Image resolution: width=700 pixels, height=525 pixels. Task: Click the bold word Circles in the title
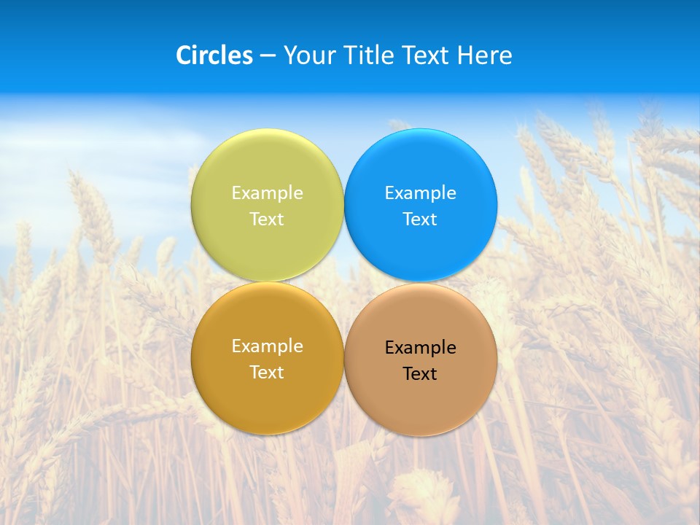tap(214, 55)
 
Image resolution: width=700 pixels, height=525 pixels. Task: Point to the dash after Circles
tap(268, 56)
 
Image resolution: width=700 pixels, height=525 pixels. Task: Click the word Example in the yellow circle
tap(267, 192)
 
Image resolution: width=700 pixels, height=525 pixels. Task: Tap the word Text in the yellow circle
tap(267, 219)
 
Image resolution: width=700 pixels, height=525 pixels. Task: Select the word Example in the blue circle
tap(420, 192)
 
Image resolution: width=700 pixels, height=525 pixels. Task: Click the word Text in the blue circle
tap(420, 219)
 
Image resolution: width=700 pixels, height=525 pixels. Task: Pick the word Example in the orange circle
tap(267, 346)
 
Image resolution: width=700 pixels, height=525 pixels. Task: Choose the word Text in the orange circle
tap(267, 372)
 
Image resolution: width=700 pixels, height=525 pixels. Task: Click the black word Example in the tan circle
tap(420, 347)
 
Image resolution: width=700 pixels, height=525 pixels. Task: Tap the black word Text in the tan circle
tap(420, 373)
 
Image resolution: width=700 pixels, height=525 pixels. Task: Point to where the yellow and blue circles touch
tap(344, 205)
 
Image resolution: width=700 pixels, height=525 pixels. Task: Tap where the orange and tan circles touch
tap(344, 359)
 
